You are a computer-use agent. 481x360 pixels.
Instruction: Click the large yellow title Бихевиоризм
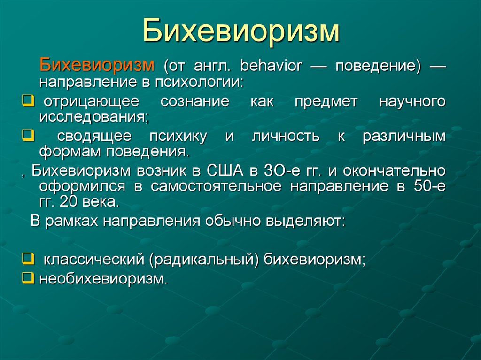(241, 31)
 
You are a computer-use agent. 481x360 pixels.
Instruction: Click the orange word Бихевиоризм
(97, 65)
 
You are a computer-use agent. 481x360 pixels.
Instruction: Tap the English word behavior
(271, 66)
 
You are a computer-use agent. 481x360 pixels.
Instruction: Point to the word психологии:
(199, 83)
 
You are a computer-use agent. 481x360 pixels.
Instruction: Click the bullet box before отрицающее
(28, 100)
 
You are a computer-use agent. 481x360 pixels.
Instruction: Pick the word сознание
(195, 101)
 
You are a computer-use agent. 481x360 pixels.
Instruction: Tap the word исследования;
(94, 117)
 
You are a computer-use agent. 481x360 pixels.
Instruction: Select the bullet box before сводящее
(28, 135)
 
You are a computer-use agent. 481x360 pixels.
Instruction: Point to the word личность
(286, 136)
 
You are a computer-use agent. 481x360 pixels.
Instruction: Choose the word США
(225, 171)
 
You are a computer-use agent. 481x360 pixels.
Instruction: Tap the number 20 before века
(69, 202)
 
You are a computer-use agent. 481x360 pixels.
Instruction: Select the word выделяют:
(305, 221)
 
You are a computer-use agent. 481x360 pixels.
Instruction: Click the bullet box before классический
(28, 259)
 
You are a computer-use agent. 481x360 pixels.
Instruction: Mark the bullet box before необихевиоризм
(28, 278)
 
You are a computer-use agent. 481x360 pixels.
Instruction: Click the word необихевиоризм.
(103, 279)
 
